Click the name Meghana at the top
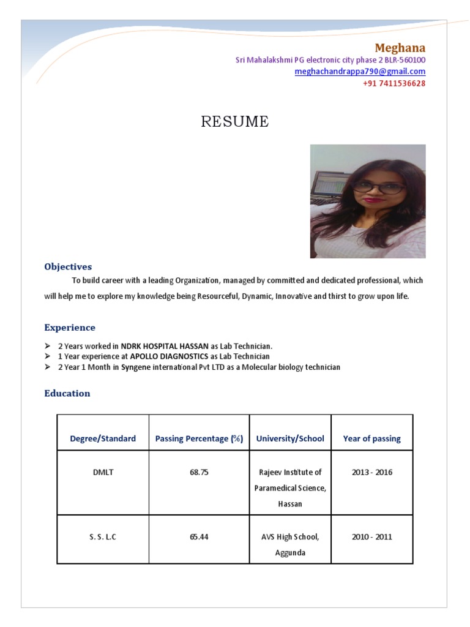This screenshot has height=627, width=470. tap(400, 48)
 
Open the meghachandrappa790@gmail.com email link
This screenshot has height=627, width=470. tap(360, 72)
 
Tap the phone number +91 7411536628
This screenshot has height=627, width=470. tap(394, 83)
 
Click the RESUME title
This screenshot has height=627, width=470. tap(235, 122)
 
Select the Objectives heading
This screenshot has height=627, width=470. tap(68, 267)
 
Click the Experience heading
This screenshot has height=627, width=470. tap(70, 328)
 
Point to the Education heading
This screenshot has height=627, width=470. tap(67, 393)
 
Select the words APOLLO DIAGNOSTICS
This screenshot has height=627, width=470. tap(169, 356)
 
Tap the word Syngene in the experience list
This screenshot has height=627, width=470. tap(135, 367)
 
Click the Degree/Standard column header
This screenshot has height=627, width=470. tap(103, 438)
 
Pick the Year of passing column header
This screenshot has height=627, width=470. tap(371, 438)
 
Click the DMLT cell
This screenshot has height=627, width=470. tap(103, 473)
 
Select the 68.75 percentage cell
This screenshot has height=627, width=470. tap(199, 473)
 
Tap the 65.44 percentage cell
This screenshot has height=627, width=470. tap(199, 537)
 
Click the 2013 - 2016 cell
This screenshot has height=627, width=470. tap(371, 473)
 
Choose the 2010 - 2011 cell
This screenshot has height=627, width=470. tap(371, 537)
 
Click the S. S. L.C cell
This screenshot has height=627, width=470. tap(103, 537)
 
